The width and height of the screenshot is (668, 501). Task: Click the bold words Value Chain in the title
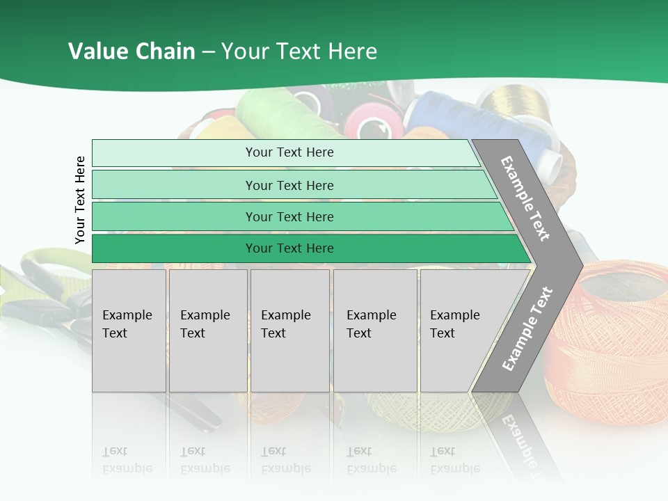click(132, 51)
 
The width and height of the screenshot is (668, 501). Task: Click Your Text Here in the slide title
click(299, 51)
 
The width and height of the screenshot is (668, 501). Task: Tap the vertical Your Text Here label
click(80, 200)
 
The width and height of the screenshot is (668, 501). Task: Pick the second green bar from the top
click(289, 185)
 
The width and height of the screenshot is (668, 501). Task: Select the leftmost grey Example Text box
click(129, 331)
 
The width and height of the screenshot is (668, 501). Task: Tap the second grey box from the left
click(208, 331)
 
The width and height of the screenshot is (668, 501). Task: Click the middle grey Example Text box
click(289, 331)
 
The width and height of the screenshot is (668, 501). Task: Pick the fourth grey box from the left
click(375, 331)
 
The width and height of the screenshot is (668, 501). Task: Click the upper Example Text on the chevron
click(525, 198)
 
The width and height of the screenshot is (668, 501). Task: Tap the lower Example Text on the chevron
click(527, 328)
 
